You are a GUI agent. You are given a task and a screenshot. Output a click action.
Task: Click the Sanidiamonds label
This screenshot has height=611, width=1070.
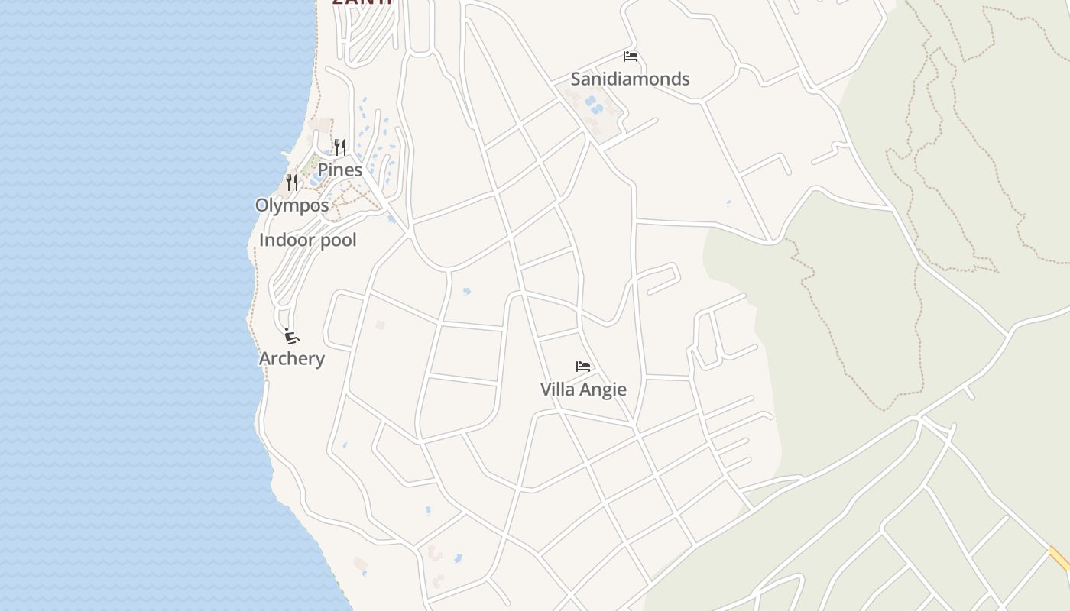tap(630, 79)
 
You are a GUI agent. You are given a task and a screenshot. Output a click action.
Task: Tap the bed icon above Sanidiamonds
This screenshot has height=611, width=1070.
tap(631, 57)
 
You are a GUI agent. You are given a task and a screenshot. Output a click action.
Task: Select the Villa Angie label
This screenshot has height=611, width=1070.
tap(583, 389)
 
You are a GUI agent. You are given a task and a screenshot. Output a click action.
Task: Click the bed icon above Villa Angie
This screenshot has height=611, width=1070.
tap(583, 367)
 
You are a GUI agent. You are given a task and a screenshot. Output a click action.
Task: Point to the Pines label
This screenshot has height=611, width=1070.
tap(339, 170)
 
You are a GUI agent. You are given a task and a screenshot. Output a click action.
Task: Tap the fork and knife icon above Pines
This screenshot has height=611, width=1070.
tap(340, 147)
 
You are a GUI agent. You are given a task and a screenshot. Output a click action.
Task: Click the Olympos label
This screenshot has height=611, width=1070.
tap(292, 205)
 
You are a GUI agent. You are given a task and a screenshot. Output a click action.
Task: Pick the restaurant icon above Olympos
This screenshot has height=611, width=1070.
tap(292, 182)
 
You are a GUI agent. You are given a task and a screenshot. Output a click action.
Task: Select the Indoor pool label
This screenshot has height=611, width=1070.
tap(308, 240)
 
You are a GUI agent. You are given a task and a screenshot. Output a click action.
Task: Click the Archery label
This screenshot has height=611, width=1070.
tap(292, 358)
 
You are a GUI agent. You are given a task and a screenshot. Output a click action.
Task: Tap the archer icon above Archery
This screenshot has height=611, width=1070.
tap(291, 336)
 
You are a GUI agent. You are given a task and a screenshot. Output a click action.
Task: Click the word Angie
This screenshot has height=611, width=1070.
tap(601, 390)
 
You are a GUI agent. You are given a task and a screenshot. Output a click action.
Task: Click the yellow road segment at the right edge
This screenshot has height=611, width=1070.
tap(1059, 558)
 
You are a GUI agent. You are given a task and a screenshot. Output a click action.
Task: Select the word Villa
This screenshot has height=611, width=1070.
tap(559, 389)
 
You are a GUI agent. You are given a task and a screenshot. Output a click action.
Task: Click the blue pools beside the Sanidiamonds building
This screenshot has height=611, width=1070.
tap(592, 105)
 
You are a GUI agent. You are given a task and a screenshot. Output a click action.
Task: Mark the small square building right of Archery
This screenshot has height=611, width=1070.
tap(380, 325)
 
